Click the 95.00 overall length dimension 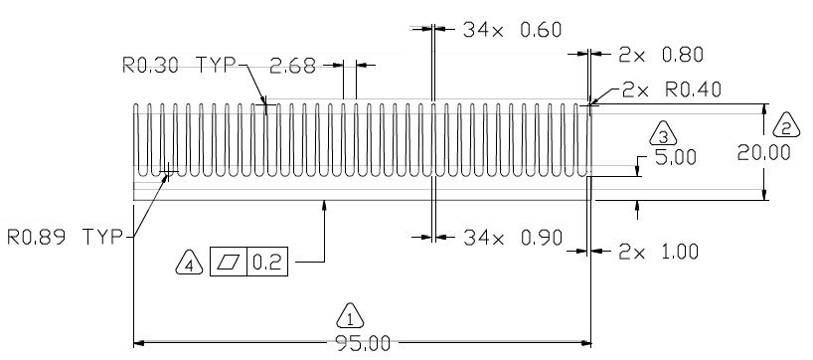[363, 344]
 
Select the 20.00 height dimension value [763, 152]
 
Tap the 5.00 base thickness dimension [675, 158]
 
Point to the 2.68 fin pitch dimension [292, 67]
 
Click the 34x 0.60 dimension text [512, 30]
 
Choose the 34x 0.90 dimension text [513, 238]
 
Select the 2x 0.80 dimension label [661, 55]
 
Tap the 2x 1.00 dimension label [659, 253]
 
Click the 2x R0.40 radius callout [672, 90]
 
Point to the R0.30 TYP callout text [178, 66]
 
